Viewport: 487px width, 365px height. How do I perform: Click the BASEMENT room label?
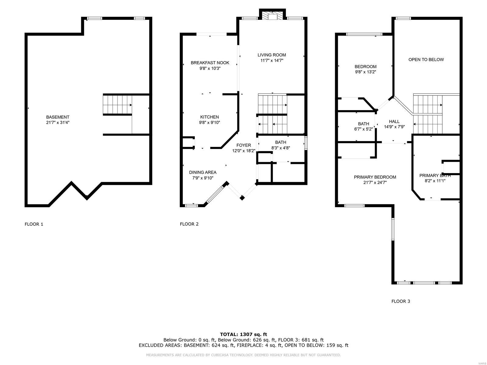click(x=58, y=117)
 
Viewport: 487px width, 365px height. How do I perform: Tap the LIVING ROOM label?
click(x=272, y=55)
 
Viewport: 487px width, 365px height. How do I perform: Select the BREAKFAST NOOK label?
click(x=210, y=63)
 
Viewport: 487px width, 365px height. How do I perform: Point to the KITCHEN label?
click(x=209, y=117)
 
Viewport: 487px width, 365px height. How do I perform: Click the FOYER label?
click(x=243, y=145)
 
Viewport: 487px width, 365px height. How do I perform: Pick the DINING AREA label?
click(x=203, y=172)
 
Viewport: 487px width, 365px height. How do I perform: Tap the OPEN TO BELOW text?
click(x=426, y=59)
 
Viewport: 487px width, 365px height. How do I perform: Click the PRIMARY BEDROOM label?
click(x=375, y=177)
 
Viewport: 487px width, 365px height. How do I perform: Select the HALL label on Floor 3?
click(x=394, y=121)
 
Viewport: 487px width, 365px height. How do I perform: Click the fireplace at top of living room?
click(x=272, y=16)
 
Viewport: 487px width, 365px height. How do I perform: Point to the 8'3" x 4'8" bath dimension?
click(x=280, y=148)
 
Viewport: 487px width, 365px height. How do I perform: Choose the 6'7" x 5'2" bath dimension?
click(x=363, y=129)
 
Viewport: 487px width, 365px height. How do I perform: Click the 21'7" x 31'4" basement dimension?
click(x=58, y=123)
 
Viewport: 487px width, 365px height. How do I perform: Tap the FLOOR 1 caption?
click(x=34, y=224)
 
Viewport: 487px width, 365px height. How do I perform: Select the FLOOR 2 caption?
click(x=189, y=224)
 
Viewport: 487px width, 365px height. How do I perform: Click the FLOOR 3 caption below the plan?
click(x=401, y=301)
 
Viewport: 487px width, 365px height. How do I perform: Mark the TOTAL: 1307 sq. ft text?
click(x=243, y=334)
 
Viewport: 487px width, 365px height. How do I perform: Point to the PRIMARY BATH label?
click(x=435, y=176)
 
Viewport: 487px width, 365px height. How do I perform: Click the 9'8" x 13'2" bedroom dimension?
click(x=366, y=72)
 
